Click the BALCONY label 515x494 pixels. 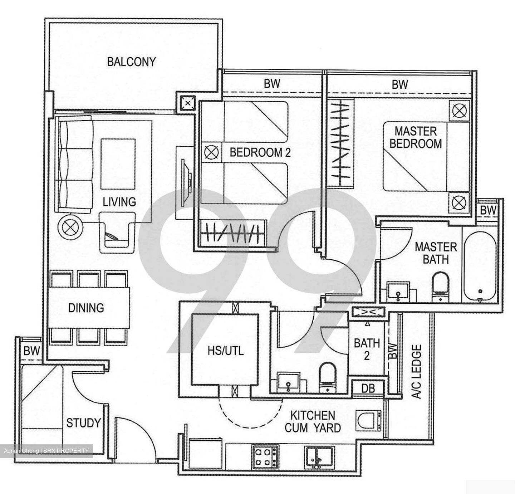[131, 62]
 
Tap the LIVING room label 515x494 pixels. [119, 202]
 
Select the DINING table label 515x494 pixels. [86, 308]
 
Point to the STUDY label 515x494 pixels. [83, 423]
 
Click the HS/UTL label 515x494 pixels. [225, 350]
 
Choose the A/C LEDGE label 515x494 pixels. [417, 372]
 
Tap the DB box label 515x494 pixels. [368, 388]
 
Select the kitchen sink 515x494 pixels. [319, 457]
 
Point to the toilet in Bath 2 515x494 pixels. [327, 377]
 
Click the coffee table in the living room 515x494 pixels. [118, 164]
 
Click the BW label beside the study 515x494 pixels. [31, 351]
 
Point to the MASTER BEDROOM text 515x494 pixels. [416, 137]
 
